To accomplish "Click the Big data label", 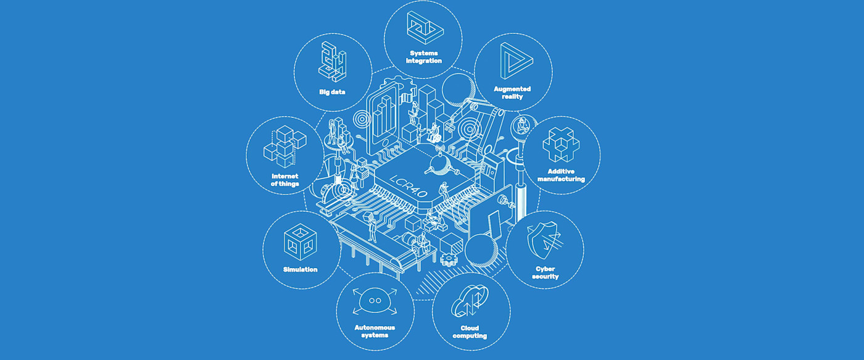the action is pos(332,92).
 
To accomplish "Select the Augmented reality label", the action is pos(512,93).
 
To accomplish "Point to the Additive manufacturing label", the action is pos(560,175).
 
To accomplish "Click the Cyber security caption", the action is pos(545,272).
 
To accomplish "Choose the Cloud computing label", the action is pos(470,332).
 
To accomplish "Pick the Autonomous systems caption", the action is pos(375,331).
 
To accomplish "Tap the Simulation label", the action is pos(301,269).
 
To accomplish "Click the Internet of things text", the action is pos(285,180).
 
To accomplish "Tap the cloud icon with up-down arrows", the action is pos(470,301).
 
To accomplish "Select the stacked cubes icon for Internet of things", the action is pos(285,146).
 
